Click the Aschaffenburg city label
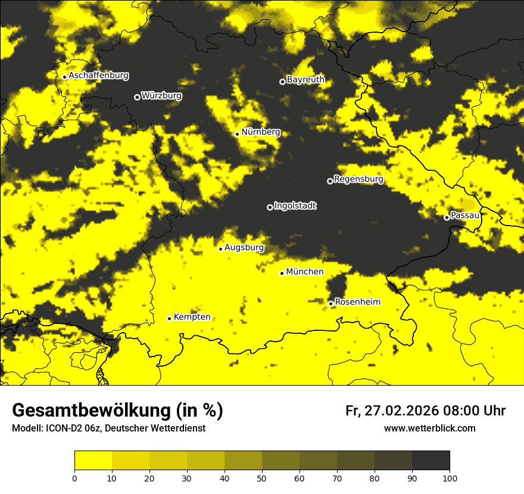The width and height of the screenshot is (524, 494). click(x=98, y=76)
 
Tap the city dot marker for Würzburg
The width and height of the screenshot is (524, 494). click(x=137, y=97)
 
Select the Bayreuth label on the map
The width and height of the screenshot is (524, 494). click(x=305, y=80)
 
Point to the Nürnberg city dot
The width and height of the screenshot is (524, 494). click(x=237, y=134)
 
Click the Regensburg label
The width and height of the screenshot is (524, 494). click(x=358, y=179)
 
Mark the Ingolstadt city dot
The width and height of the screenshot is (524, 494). click(x=270, y=207)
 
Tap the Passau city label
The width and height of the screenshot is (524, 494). click(x=465, y=215)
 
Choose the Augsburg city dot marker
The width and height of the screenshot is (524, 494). click(x=220, y=249)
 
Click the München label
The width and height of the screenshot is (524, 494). click(x=305, y=272)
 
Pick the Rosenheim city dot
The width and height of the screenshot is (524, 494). click(x=331, y=304)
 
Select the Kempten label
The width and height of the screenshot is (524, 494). click(x=192, y=317)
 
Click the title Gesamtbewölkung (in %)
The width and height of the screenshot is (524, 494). click(x=117, y=411)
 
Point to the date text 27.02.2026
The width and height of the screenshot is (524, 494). click(x=401, y=411)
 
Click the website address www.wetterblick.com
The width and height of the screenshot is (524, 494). click(x=430, y=429)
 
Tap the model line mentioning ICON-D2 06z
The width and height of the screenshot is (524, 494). click(x=108, y=429)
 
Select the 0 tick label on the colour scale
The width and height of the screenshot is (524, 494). click(x=74, y=478)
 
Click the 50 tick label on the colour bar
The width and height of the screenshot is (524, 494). click(x=262, y=478)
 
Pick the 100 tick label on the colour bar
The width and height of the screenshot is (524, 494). click(x=450, y=478)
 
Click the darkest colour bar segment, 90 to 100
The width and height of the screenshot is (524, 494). click(x=431, y=461)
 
